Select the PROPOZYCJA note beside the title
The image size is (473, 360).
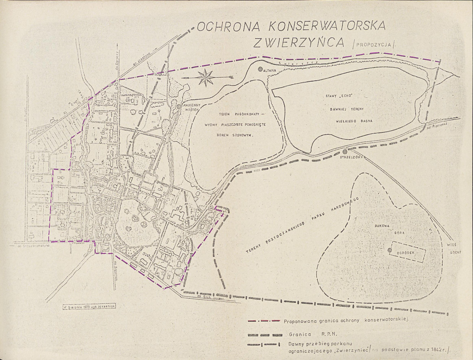[x=374, y=45]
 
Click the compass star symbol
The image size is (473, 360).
[x=206, y=78]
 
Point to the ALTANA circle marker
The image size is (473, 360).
[x=260, y=69]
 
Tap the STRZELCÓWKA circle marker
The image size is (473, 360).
[x=345, y=152]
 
